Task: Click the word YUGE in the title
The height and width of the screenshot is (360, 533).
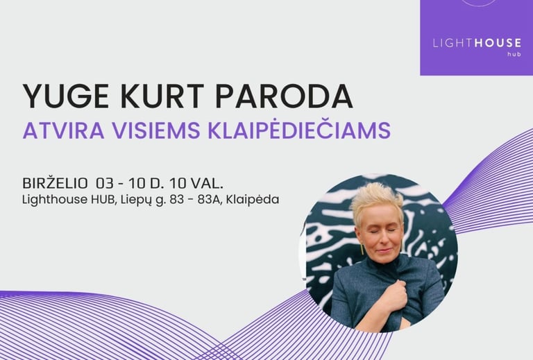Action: point(66,96)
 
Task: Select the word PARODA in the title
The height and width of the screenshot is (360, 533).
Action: point(284,96)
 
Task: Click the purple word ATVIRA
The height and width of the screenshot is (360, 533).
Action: point(64,130)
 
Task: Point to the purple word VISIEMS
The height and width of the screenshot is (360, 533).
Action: point(156,130)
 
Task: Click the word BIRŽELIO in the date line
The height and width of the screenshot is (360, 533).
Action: point(55,183)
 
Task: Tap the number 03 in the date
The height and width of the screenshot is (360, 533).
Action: point(105,183)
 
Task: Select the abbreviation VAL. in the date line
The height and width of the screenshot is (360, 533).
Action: point(207,183)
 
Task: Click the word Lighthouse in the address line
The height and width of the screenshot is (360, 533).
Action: point(55,199)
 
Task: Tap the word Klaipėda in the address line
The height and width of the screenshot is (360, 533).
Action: point(253,199)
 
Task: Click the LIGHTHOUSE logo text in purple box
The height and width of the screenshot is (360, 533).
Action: point(477,43)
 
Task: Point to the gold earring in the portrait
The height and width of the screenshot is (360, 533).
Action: point(362,249)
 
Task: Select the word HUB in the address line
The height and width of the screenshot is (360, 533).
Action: point(102,199)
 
